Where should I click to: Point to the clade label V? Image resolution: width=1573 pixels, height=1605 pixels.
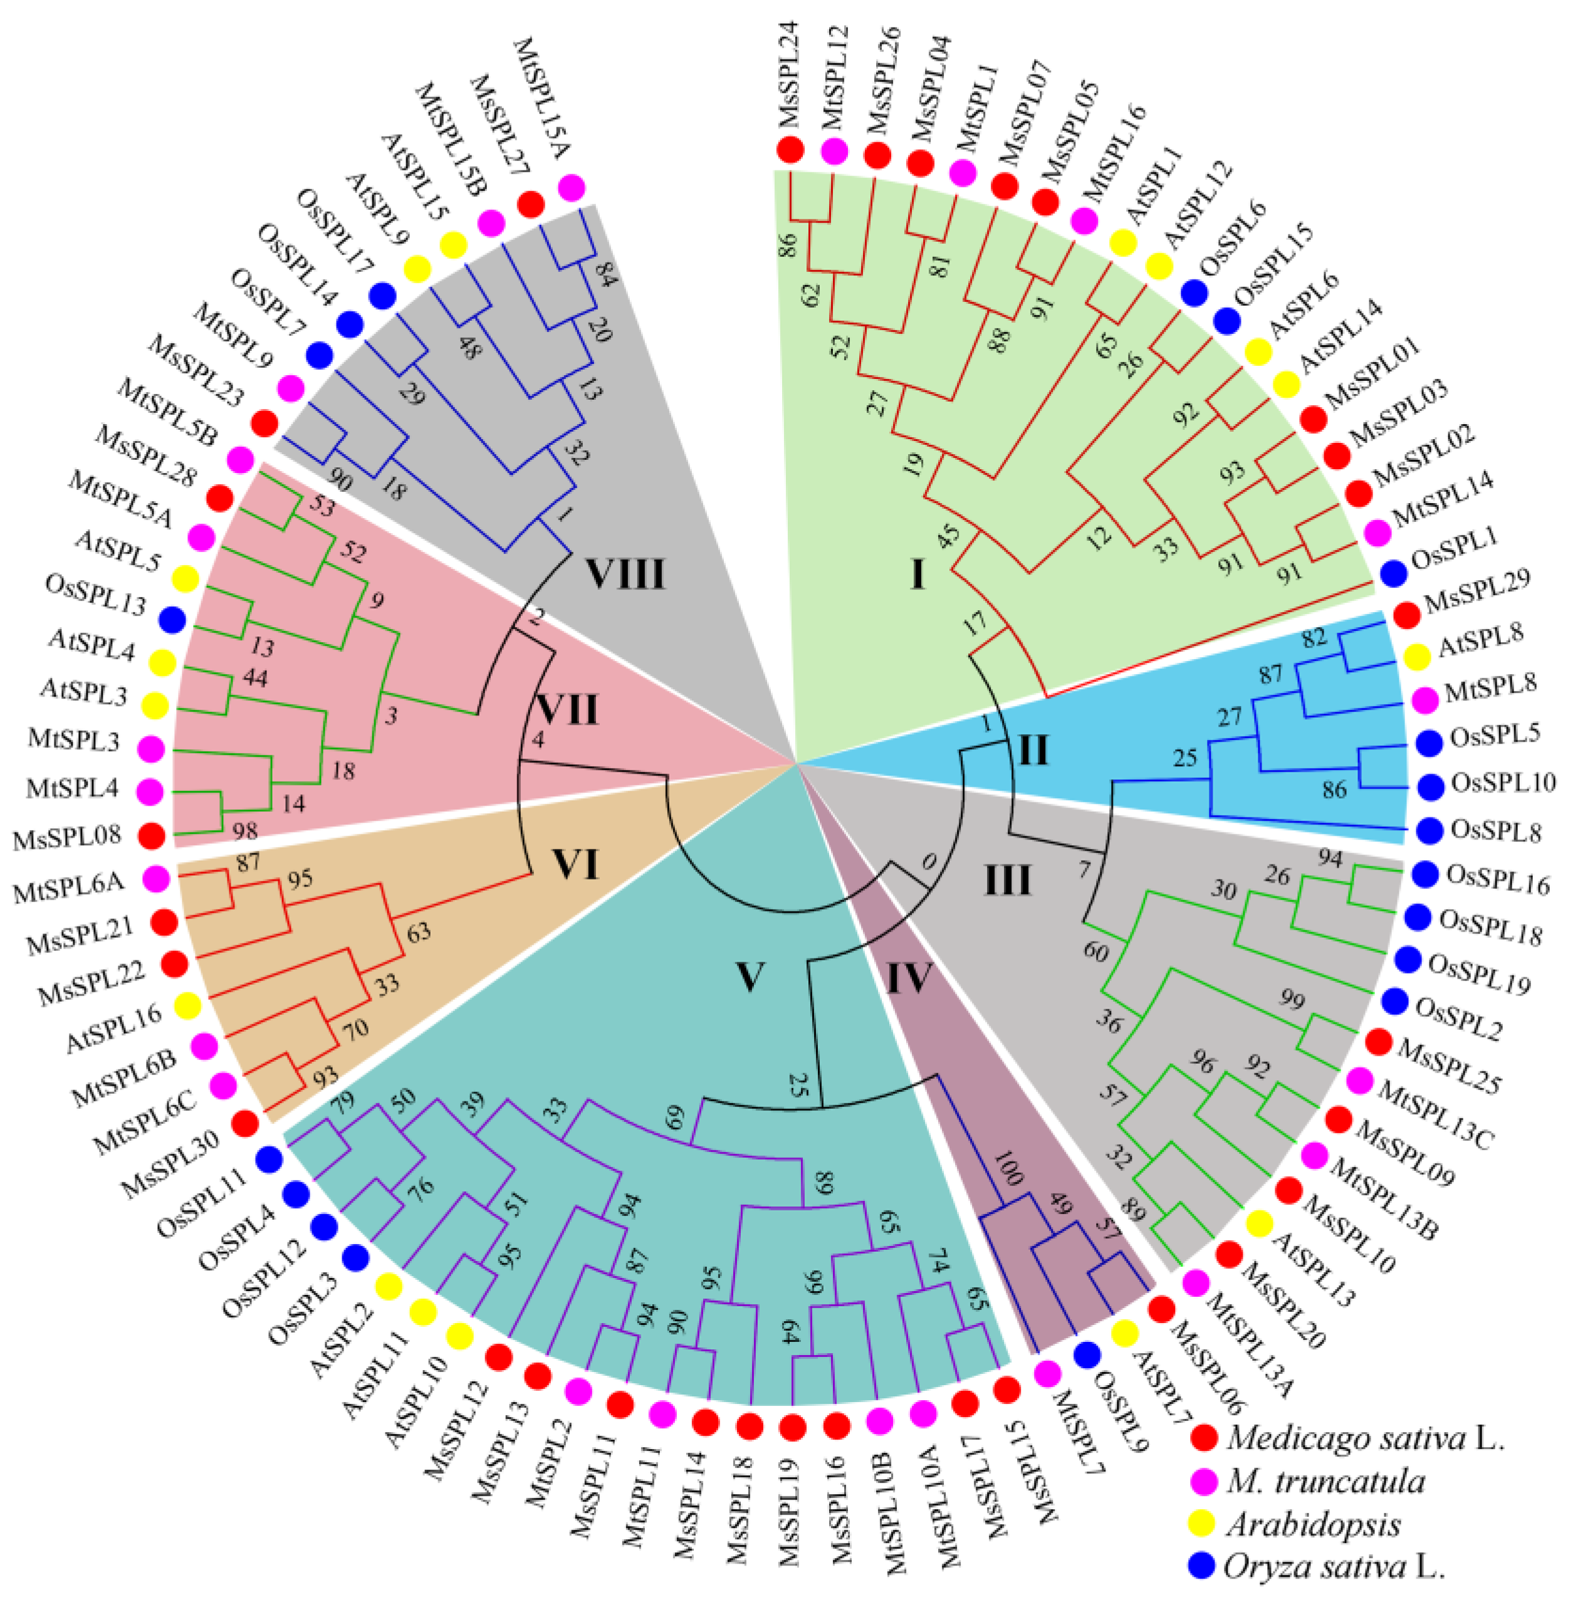[750, 977]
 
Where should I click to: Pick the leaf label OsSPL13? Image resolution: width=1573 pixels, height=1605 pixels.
[95, 595]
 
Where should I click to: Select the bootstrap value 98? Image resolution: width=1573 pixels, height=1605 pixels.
[244, 830]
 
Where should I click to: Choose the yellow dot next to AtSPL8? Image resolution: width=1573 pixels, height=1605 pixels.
[1417, 657]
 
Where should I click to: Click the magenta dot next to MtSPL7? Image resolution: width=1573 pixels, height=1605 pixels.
[1047, 1373]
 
